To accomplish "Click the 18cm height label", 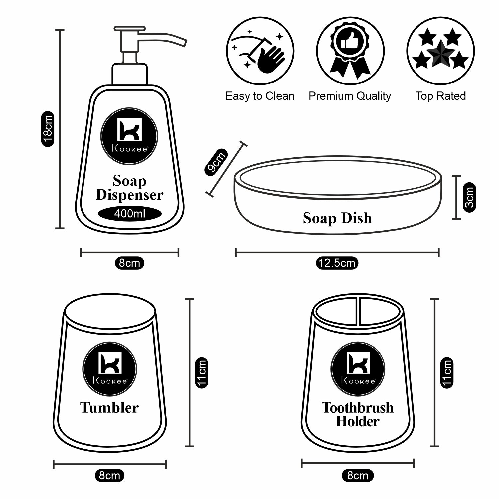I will pyautogui.click(x=48, y=129).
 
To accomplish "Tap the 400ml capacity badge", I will pyautogui.click(x=130, y=213).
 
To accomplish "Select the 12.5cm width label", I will pyautogui.click(x=337, y=263).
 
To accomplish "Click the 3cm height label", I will pyautogui.click(x=469, y=197).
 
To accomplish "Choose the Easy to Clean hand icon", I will pyautogui.click(x=260, y=52).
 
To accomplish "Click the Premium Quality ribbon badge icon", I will pyautogui.click(x=350, y=52).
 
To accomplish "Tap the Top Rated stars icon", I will pyautogui.click(x=440, y=52).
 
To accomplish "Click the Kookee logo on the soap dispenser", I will pyautogui.click(x=129, y=136).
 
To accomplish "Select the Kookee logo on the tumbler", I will pyautogui.click(x=110, y=369).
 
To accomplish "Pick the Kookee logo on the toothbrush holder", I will pyautogui.click(x=358, y=369).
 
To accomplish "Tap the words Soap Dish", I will pyautogui.click(x=337, y=218).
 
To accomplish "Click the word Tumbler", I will pyautogui.click(x=109, y=408).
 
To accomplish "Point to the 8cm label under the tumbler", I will pyautogui.click(x=109, y=475).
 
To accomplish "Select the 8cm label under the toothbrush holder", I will pyautogui.click(x=358, y=475).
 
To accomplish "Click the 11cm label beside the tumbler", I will pyautogui.click(x=202, y=372).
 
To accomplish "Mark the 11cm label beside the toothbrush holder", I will pyautogui.click(x=447, y=372).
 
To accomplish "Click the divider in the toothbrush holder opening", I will pyautogui.click(x=358, y=311).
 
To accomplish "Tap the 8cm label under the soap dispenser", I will pyautogui.click(x=129, y=263).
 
